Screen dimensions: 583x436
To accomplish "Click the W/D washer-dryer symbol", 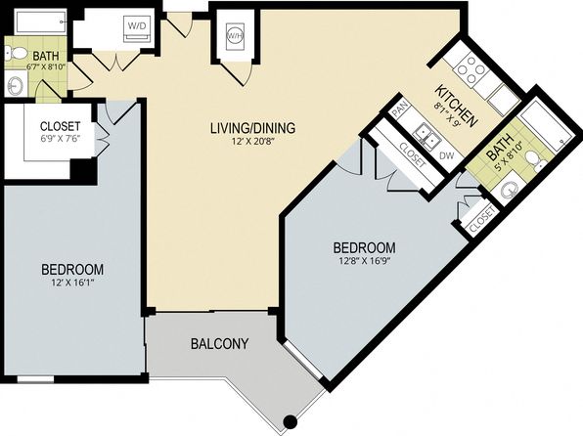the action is pos(137,28).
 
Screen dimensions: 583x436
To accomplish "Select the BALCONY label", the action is pos(219,344).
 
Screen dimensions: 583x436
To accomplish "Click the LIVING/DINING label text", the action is pos(252,128).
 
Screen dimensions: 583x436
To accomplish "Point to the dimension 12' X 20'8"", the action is pos(252,143).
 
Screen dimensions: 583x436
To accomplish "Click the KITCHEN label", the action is pos(456,106).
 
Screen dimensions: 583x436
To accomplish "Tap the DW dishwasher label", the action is pos(447,155).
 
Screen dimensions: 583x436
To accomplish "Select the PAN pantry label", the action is pos(398,110).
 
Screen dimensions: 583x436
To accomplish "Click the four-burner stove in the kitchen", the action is pos(471,69).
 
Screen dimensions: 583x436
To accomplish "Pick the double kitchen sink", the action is pos(428,135).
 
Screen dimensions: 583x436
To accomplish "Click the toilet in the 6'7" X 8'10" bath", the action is pos(16,54).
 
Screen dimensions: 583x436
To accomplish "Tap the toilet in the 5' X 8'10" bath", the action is pos(535,158).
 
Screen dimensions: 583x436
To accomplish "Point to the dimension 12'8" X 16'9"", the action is pos(364,261).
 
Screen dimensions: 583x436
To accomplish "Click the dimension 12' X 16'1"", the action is pos(72,283).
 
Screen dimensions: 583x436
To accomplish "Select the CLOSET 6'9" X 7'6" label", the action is pos(60,132).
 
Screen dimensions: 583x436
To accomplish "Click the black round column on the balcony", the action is pos(290,421).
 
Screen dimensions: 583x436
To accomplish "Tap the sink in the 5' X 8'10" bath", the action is pos(510,191).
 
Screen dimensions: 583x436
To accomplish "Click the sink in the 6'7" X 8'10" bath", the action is pos(15,85).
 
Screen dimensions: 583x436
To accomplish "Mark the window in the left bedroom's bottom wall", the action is pos(35,379).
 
